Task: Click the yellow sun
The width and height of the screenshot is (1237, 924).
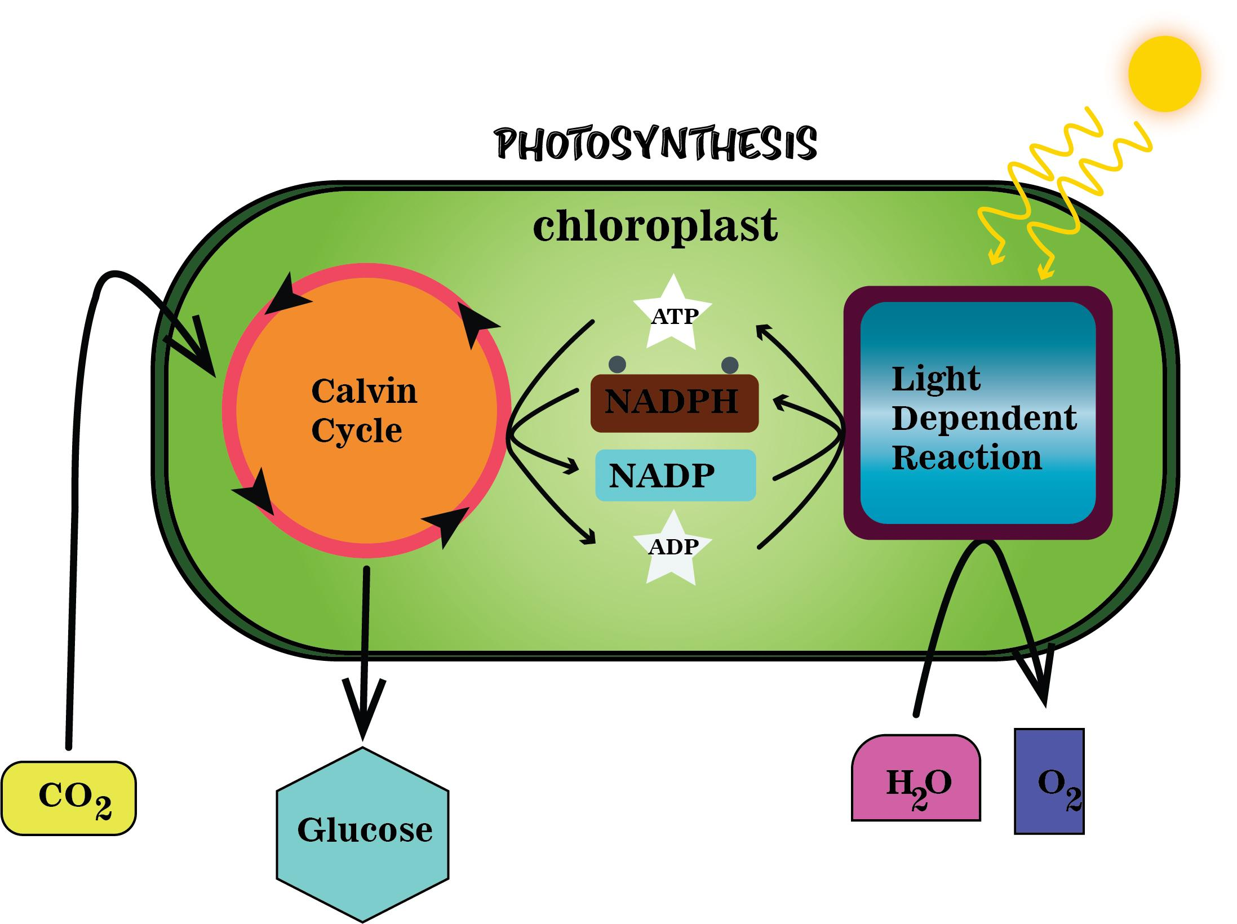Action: click(1164, 74)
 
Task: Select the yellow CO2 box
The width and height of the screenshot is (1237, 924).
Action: click(69, 798)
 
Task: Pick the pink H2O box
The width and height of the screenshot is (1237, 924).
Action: click(916, 780)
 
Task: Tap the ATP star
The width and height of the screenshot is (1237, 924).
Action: click(672, 316)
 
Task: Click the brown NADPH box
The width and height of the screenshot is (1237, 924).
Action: click(674, 403)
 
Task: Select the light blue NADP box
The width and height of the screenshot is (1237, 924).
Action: click(675, 475)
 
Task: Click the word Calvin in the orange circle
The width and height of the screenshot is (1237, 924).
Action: click(364, 390)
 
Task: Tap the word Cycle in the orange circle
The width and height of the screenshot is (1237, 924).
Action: click(357, 430)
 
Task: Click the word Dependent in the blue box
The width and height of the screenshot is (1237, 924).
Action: click(985, 418)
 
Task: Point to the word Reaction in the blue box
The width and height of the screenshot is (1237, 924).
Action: click(966, 457)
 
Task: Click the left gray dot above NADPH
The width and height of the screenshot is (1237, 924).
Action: click(617, 365)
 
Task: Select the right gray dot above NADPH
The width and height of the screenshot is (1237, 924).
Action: click(730, 365)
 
